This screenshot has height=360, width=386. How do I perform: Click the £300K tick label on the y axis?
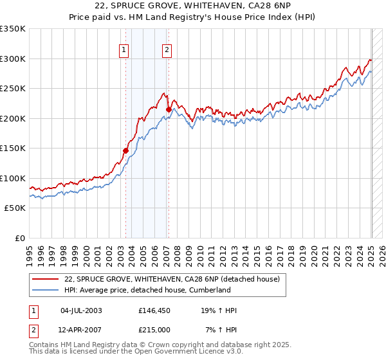(13, 59)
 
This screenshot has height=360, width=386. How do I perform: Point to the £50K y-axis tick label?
(15, 208)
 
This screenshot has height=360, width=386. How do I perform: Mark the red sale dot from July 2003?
(126, 150)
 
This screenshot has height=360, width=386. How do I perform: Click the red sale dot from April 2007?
(168, 109)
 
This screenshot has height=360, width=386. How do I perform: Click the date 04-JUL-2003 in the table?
(81, 310)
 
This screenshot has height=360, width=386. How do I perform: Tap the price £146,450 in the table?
(153, 310)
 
